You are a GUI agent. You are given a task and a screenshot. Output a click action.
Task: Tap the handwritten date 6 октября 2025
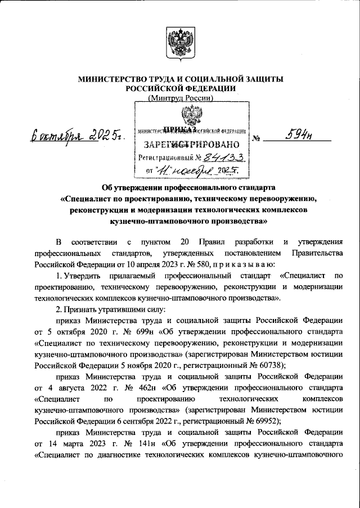tap(78, 136)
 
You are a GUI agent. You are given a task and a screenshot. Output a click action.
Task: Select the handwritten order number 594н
tap(299, 134)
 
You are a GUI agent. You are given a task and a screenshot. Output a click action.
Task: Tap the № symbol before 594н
tap(256, 137)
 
